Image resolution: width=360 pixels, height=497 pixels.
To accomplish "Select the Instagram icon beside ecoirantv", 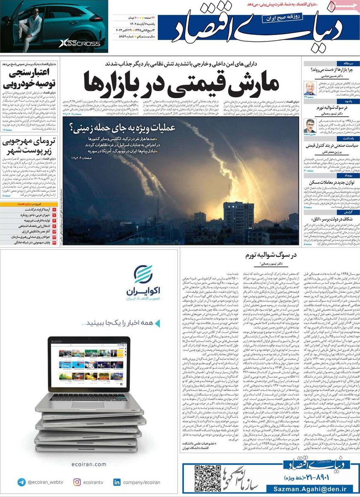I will (x=77, y=482).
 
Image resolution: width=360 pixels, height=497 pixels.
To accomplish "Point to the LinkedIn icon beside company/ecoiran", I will (x=117, y=482).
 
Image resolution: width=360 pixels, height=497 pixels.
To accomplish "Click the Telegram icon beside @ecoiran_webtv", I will (x=21, y=482).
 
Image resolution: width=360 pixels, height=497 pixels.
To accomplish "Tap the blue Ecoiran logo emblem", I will (x=143, y=274).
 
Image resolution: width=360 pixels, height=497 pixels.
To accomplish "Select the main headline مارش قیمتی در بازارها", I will (x=179, y=82).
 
